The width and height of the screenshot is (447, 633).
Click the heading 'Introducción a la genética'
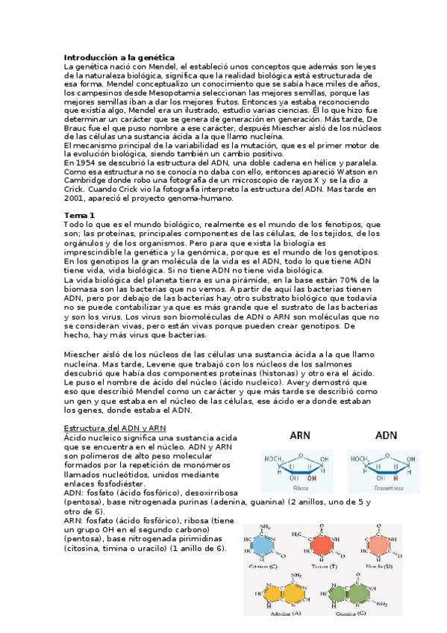[x=119, y=57]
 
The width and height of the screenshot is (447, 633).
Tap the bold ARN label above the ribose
[x=301, y=434]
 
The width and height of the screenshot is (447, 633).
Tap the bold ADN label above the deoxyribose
[x=386, y=434]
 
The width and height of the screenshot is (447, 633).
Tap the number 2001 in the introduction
[x=76, y=199]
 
